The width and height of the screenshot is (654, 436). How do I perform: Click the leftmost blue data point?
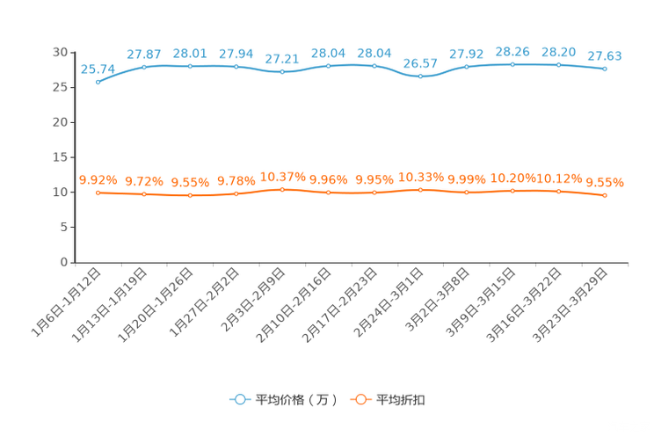[98, 82]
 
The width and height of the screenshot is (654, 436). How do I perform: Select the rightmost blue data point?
[605, 69]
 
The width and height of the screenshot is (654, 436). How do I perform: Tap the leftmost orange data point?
[98, 193]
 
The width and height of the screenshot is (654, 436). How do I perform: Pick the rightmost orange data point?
[605, 195]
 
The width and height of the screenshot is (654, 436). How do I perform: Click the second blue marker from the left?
[144, 67]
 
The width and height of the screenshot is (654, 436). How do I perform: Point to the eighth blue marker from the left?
[420, 76]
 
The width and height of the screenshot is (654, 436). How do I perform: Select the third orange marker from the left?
[190, 194]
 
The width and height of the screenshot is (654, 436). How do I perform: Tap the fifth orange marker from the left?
[282, 189]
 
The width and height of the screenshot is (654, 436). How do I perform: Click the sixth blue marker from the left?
[328, 66]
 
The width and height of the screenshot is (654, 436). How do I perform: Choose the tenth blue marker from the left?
[512, 64]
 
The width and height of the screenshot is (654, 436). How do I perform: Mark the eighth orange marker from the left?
[420, 190]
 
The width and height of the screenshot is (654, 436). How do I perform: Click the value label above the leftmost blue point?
[98, 69]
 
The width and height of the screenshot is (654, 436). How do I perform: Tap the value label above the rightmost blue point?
[605, 55]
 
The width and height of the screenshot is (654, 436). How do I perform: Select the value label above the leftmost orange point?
[98, 179]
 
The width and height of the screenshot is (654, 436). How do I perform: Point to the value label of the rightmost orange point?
[605, 182]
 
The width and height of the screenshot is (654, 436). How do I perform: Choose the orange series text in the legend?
[403, 400]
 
